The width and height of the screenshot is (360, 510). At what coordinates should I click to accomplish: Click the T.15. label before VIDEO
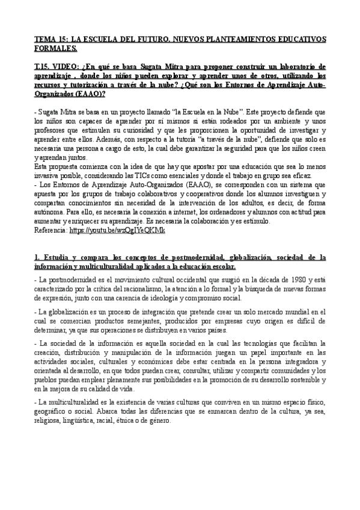[44, 67]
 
